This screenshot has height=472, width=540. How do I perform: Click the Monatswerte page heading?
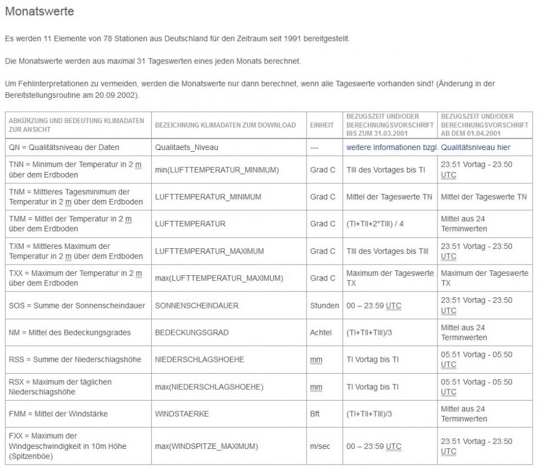click(39, 11)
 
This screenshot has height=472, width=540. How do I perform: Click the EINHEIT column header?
click(322, 125)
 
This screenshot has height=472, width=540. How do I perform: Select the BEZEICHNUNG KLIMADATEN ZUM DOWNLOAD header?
click(225, 125)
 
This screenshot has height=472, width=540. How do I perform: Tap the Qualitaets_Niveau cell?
click(186, 147)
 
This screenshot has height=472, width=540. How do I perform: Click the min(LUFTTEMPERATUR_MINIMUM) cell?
click(217, 170)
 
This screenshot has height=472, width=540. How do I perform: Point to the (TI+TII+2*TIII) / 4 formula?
click(375, 224)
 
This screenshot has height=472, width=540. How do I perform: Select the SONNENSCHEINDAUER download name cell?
click(196, 306)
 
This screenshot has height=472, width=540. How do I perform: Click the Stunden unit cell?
click(324, 306)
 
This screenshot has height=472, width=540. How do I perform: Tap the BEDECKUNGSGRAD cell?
click(191, 333)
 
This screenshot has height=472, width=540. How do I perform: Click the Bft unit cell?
click(314, 414)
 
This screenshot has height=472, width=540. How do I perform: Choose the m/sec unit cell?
click(319, 446)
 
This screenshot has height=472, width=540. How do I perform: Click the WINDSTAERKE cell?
click(182, 414)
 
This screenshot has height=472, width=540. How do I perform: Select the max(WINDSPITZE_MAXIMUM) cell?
click(206, 446)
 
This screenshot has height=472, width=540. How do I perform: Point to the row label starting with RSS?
click(75, 360)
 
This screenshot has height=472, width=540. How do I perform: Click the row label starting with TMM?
click(69, 224)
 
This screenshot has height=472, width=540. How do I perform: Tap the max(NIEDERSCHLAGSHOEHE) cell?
click(209, 387)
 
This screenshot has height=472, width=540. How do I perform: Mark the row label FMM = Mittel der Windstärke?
click(58, 414)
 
